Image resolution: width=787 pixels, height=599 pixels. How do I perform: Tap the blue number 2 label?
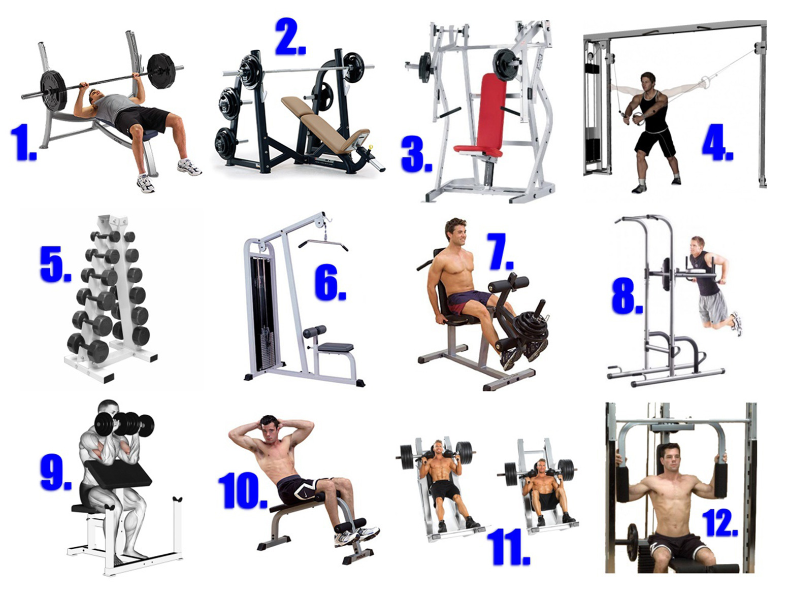(290, 37)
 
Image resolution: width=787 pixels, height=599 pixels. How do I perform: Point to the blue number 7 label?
(501, 251)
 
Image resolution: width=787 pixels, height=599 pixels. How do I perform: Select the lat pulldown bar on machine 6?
(323, 244)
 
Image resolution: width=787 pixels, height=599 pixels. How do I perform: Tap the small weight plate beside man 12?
(632, 542)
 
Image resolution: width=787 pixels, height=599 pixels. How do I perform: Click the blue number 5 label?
(55, 263)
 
